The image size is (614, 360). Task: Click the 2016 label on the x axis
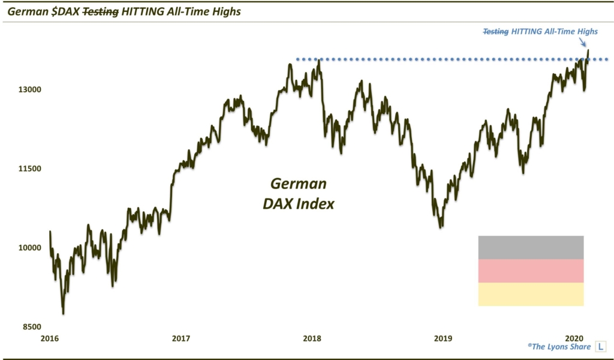point(50,339)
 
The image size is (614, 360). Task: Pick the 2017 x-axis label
point(180,339)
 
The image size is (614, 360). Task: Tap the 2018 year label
point(312,339)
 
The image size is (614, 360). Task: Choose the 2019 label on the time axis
point(443,339)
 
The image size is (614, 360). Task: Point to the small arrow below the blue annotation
point(584,42)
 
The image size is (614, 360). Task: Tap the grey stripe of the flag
point(531,247)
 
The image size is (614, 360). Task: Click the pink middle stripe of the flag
point(531,271)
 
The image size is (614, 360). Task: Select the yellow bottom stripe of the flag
point(531,294)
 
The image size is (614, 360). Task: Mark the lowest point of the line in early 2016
point(63,313)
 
